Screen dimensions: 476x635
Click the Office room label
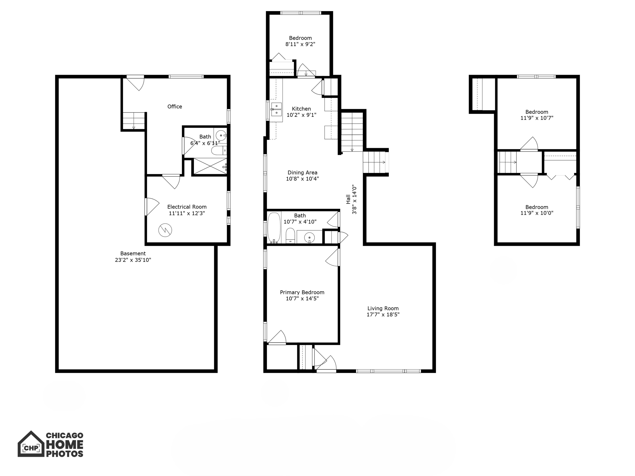[x=175, y=107]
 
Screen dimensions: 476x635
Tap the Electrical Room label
[x=187, y=207]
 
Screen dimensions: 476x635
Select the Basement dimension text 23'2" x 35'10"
[x=133, y=260]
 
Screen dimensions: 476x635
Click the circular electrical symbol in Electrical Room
[x=165, y=230]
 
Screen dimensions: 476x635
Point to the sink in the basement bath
[x=221, y=135]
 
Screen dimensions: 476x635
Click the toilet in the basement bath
[x=218, y=151]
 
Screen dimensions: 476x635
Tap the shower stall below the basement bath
[x=210, y=166]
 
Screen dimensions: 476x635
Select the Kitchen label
[x=301, y=109]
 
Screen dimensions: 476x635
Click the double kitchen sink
[x=276, y=109]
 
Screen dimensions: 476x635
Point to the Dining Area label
[x=302, y=173]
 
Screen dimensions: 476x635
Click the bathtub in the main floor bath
[x=274, y=227]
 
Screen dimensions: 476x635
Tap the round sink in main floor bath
[x=309, y=238]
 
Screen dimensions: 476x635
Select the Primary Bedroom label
[x=302, y=292]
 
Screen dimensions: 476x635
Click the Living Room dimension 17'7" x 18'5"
[x=383, y=315]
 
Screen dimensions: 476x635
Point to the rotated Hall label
[x=348, y=199]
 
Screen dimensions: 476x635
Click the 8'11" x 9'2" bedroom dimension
[x=300, y=44]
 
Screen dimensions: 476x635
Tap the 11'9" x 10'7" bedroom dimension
[x=537, y=118]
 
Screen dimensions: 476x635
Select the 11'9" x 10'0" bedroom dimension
[x=537, y=213]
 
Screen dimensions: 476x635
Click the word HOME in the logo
[x=65, y=445]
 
